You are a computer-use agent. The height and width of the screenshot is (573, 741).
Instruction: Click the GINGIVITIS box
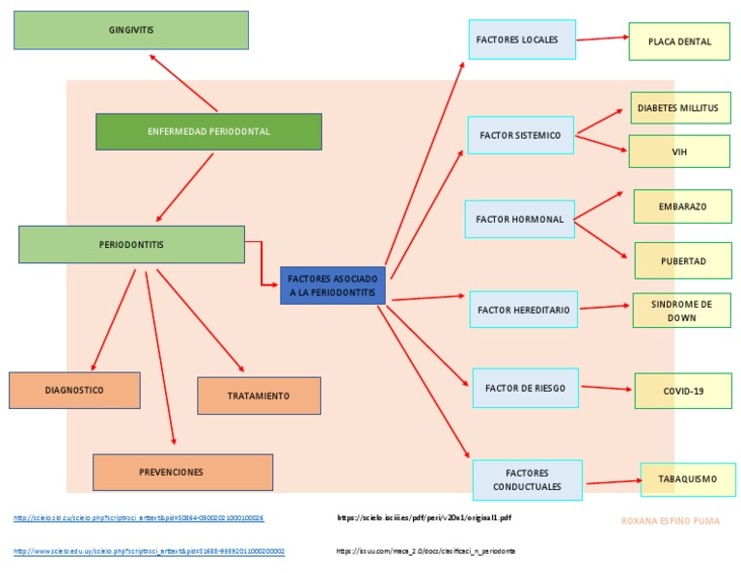click(x=131, y=30)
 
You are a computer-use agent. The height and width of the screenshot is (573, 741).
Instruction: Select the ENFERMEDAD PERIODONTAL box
click(x=208, y=132)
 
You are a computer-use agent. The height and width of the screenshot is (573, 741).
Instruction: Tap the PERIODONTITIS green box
click(x=131, y=244)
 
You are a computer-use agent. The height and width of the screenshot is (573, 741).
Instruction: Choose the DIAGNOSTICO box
click(x=74, y=390)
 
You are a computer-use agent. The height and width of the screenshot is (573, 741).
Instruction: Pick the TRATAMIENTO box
click(x=259, y=396)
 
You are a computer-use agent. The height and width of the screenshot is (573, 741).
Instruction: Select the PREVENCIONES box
click(x=182, y=472)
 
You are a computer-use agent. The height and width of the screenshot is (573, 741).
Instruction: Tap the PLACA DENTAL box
click(x=679, y=41)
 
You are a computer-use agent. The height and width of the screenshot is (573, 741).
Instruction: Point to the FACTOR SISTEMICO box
click(x=520, y=135)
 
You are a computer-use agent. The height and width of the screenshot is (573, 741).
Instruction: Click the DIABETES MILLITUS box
click(x=677, y=108)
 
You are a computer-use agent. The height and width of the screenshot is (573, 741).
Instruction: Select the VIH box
click(x=679, y=151)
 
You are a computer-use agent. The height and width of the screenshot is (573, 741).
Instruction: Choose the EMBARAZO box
click(x=682, y=206)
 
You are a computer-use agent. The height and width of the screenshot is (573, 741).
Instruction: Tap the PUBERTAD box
click(x=682, y=260)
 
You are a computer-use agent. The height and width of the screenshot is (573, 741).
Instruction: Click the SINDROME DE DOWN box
click(x=681, y=311)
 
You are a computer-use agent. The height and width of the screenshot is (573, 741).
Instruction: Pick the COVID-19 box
click(x=683, y=391)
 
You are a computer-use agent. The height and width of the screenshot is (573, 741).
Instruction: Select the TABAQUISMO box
click(x=687, y=478)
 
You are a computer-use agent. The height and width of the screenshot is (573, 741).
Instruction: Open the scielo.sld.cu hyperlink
click(x=138, y=518)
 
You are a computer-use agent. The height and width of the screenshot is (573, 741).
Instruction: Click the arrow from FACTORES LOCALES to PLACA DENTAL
click(x=602, y=39)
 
